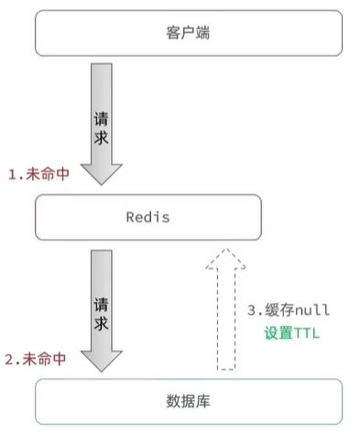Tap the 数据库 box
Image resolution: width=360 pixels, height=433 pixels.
(188, 401)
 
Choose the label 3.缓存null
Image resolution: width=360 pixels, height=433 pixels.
(289, 311)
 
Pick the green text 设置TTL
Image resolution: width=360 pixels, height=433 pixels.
(289, 332)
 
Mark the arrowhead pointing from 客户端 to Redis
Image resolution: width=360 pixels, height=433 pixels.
(103, 172)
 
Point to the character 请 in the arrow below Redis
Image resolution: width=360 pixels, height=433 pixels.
(103, 302)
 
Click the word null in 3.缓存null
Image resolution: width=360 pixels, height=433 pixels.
(311, 311)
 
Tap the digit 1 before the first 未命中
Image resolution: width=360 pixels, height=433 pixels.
(12, 174)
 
